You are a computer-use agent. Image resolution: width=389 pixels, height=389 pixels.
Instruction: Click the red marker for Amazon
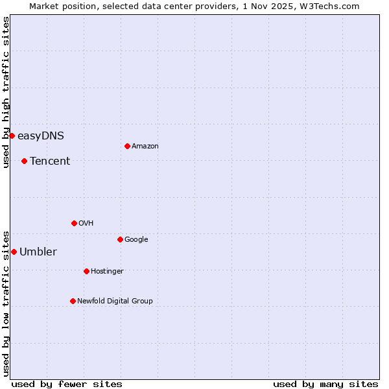[x=127, y=146]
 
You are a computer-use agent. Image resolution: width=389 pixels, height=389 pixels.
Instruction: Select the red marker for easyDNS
[x=12, y=136]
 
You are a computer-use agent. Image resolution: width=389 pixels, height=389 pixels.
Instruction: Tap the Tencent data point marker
[x=24, y=161]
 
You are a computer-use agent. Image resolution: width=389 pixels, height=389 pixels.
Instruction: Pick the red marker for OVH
[x=74, y=223]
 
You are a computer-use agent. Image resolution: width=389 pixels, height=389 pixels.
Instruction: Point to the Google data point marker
[x=120, y=239]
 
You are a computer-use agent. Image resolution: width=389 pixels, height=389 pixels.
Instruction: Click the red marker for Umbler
[x=14, y=252]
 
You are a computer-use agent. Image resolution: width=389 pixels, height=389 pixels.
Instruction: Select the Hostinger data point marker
[x=86, y=271]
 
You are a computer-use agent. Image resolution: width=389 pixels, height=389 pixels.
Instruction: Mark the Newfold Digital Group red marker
[x=73, y=301]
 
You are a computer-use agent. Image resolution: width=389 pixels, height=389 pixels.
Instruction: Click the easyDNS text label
[x=41, y=136]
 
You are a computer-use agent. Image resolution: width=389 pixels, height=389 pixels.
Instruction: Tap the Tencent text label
[x=50, y=161]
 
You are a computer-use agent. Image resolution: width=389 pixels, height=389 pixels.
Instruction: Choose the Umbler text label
[x=38, y=252]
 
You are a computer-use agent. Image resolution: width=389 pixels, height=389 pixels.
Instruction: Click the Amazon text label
[x=145, y=147]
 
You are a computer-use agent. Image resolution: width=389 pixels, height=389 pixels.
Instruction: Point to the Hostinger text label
[x=107, y=272]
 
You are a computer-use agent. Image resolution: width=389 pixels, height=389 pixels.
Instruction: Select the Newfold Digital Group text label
[x=115, y=301]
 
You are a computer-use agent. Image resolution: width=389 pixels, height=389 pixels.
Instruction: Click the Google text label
[x=136, y=240]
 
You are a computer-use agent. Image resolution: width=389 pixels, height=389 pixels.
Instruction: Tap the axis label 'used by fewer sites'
[x=67, y=384]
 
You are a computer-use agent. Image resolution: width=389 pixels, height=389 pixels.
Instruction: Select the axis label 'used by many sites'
[x=325, y=384]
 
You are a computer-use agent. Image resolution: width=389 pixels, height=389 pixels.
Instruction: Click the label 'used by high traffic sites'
[x=6, y=92]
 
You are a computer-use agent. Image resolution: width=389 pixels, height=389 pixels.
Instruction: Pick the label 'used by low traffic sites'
[x=6, y=303]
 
